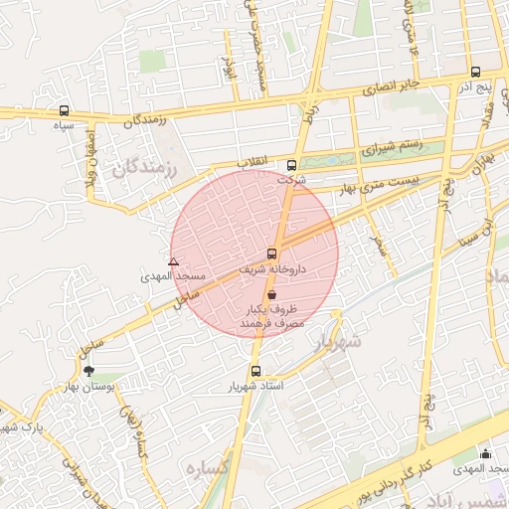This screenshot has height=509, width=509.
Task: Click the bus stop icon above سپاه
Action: pos(65,110)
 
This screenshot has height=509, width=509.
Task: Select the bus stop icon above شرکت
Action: pos(290,165)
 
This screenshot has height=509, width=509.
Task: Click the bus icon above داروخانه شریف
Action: pos(272,254)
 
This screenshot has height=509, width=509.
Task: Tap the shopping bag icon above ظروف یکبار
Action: pos(272,295)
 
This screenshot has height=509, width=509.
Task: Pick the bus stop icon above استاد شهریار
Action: pos(256,371)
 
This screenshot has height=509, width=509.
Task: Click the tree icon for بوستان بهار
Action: pos(91,371)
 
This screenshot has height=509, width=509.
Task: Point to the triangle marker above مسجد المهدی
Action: pos(173,262)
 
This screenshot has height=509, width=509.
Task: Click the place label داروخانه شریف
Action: pos(272,269)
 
